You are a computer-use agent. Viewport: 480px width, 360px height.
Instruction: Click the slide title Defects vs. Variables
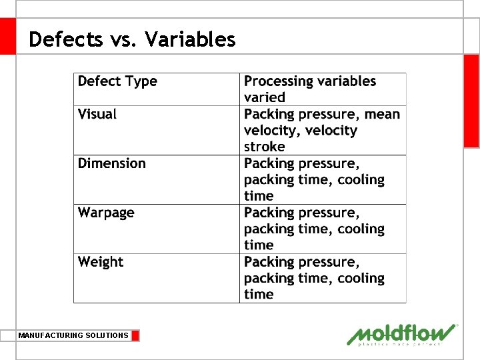coord(132,39)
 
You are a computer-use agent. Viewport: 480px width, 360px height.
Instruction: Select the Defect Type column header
coord(117,81)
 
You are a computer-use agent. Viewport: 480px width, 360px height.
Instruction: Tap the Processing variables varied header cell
coord(310,89)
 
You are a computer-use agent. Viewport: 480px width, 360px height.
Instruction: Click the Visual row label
coord(97,114)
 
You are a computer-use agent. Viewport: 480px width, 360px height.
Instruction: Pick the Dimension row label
coord(111,163)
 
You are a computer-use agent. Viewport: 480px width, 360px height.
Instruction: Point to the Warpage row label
coord(106,213)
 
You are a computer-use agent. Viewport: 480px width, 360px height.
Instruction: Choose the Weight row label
coord(101,262)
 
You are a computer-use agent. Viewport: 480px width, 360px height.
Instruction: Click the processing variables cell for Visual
coord(321,130)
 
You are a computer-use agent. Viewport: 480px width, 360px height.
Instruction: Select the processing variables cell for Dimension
coord(314,179)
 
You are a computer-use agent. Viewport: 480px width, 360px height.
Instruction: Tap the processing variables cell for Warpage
coord(314,229)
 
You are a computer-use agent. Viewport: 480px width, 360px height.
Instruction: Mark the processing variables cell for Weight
coord(314,278)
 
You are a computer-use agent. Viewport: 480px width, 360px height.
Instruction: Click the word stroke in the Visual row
coord(264,147)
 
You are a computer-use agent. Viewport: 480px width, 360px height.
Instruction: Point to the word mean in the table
coord(383,114)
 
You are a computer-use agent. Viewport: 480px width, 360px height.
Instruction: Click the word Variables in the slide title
coord(190,39)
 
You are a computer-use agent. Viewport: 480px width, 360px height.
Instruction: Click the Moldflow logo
coord(402,335)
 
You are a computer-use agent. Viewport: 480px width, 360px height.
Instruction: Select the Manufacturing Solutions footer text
coord(73,335)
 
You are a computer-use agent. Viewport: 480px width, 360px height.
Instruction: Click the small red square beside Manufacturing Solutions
coord(135,335)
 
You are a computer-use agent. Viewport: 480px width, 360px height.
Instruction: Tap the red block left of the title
coord(7,36)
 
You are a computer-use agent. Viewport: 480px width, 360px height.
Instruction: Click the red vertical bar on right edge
coord(471,100)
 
